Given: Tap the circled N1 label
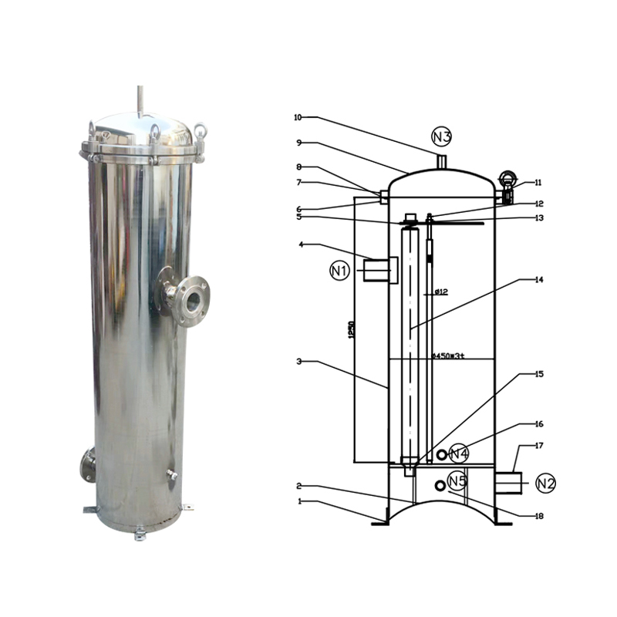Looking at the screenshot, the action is [x=340, y=271].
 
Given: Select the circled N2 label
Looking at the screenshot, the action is [x=545, y=484].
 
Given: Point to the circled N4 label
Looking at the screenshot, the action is [x=459, y=453].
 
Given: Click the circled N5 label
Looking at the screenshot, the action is [x=458, y=481].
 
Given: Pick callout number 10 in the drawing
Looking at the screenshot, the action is [x=298, y=117].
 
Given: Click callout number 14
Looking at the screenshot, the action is [x=539, y=280].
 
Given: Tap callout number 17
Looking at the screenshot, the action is [x=539, y=445].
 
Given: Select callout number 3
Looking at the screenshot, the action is [x=298, y=361].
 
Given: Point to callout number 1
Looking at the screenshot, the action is [x=298, y=501].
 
